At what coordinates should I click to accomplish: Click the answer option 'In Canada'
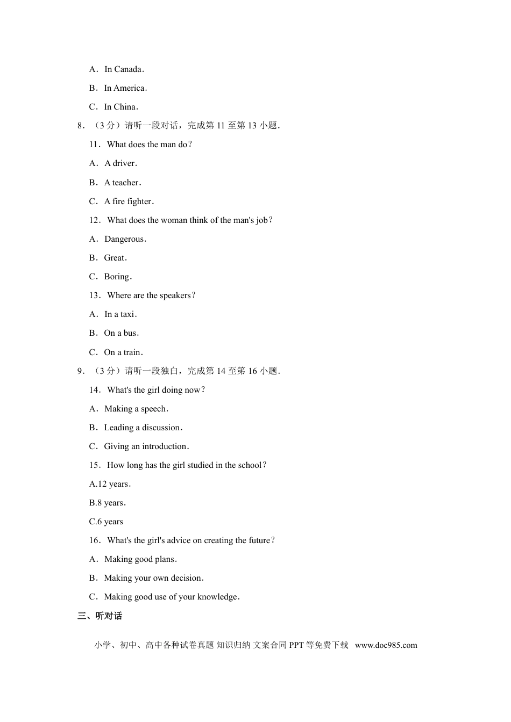(123, 69)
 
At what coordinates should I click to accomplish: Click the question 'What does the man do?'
(149, 145)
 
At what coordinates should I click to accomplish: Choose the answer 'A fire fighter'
(128, 201)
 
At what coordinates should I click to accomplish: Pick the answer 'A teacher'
(122, 183)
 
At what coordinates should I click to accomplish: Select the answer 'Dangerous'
(125, 239)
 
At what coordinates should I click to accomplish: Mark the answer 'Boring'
(117, 277)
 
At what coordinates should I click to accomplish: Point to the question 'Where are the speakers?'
(151, 295)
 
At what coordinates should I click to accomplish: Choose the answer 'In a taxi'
(120, 314)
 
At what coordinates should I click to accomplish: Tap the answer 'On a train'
(123, 352)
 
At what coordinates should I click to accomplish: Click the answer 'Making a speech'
(136, 409)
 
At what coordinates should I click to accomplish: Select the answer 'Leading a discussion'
(143, 428)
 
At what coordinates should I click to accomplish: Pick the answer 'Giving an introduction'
(146, 446)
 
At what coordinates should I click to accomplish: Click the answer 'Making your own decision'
(153, 578)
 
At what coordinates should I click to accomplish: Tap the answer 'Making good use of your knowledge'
(171, 597)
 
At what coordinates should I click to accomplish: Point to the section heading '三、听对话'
(100, 616)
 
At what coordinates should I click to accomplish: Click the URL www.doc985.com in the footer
(386, 645)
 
